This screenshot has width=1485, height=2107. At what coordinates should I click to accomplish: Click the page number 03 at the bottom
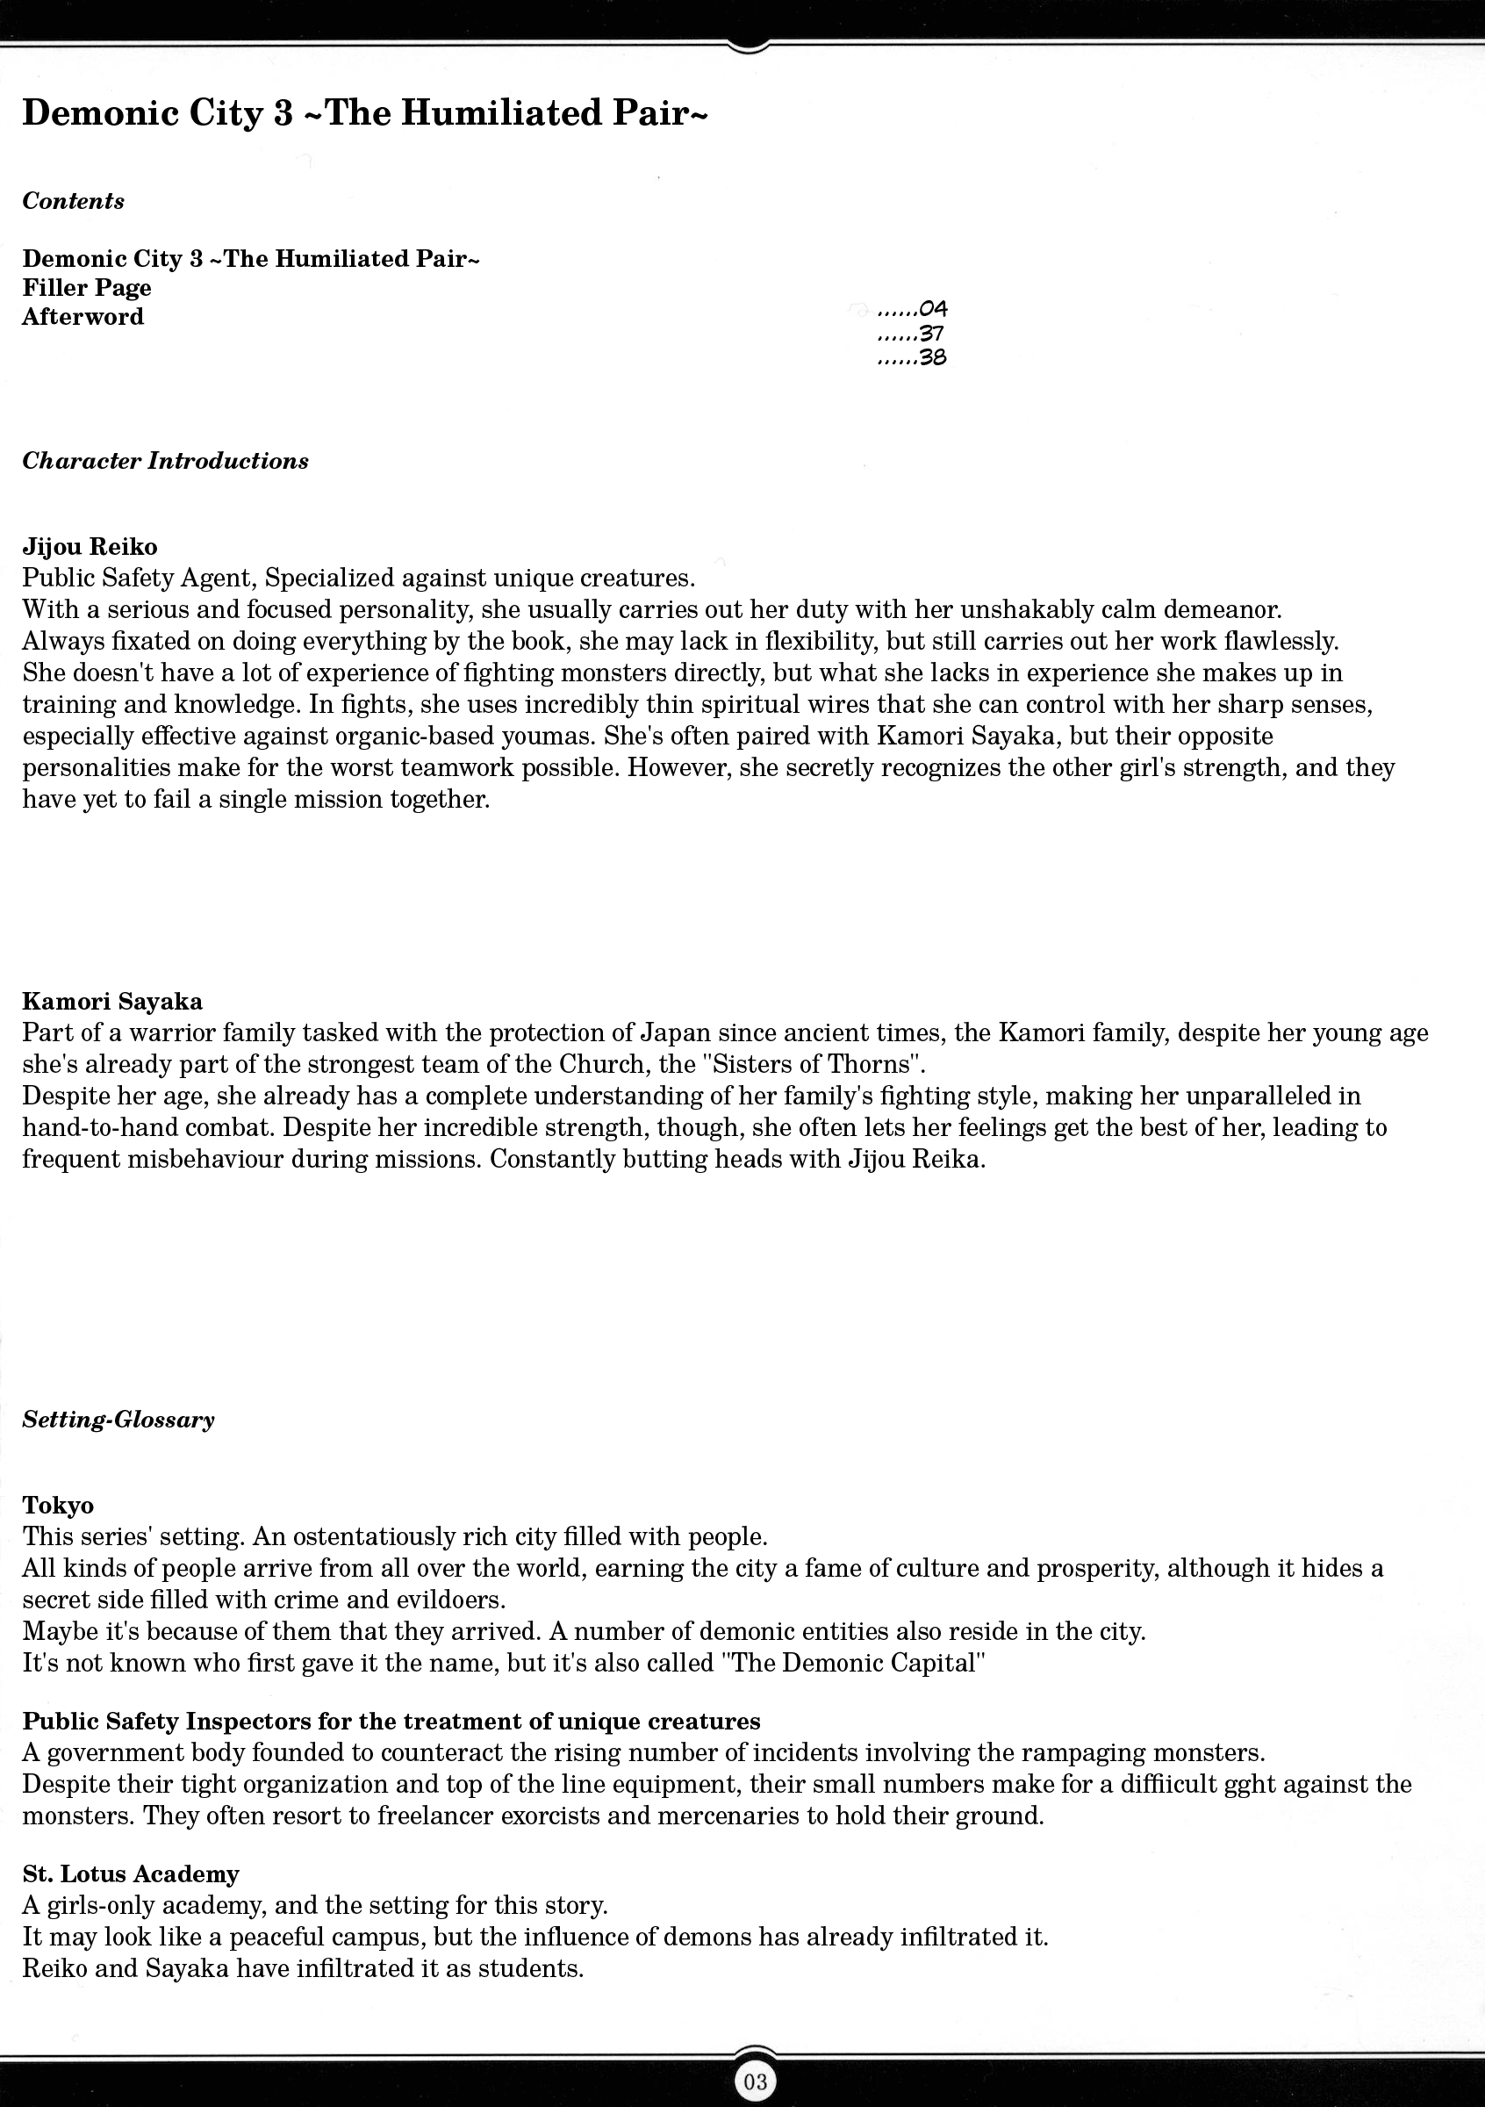point(755,2082)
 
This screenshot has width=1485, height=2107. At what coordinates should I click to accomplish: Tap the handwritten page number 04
point(932,309)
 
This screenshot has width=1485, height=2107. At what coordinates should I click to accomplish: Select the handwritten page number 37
point(931,334)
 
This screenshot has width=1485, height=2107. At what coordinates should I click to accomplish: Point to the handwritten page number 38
point(932,358)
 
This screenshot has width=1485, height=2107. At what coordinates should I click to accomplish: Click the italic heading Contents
point(74,201)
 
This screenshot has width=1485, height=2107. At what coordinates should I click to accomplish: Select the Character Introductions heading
point(165,461)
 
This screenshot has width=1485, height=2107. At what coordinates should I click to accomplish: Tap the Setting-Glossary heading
point(118,1420)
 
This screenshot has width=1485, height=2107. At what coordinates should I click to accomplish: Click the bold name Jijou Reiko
point(90,547)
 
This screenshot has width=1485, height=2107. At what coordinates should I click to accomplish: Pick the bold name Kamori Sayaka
point(112,1001)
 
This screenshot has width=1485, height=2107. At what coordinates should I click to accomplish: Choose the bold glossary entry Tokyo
point(58,1505)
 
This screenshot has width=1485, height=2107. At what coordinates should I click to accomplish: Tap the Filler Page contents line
point(87,288)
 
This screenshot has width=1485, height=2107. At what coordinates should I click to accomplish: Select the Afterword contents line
point(83,317)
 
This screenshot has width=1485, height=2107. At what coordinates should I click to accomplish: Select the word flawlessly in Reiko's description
point(1243,642)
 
